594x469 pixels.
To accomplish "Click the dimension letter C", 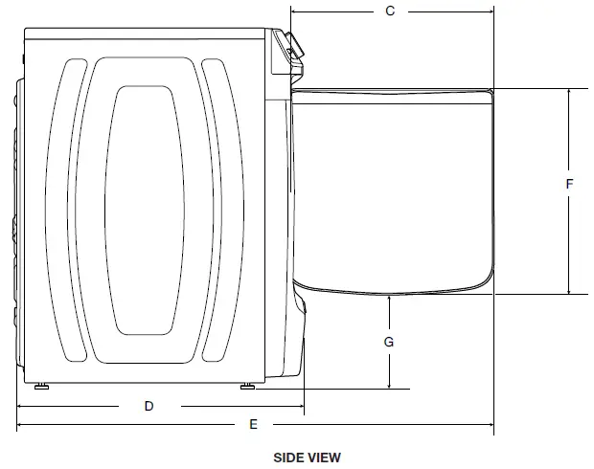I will click(x=390, y=11).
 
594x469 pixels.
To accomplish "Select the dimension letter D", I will click(x=148, y=406).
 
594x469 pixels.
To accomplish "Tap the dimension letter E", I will click(x=253, y=423).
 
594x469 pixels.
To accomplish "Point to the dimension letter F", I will click(x=569, y=184).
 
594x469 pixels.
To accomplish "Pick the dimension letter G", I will click(x=389, y=341).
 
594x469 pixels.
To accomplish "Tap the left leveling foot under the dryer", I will click(x=42, y=387).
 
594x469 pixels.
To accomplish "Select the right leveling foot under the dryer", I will click(x=247, y=387).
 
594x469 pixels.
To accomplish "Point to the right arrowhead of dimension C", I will click(x=491, y=11).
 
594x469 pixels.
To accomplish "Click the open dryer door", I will click(x=393, y=187).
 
